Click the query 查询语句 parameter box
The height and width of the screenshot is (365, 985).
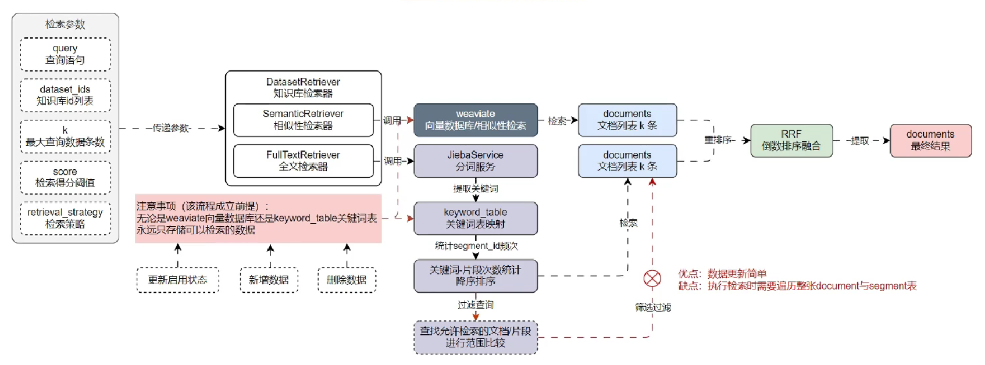65,54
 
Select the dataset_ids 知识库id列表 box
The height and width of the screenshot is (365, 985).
65,95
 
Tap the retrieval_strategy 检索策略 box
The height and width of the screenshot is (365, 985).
65,218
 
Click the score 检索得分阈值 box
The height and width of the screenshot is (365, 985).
65,177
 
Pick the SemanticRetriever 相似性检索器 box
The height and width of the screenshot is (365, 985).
303,120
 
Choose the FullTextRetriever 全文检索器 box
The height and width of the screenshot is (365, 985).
303,161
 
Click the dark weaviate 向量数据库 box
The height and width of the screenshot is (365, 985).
475,120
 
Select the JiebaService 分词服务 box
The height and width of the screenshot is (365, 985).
475,161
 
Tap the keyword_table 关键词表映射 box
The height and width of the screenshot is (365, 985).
475,218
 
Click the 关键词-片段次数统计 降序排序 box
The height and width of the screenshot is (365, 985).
475,275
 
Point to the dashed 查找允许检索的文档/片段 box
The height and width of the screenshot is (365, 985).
475,337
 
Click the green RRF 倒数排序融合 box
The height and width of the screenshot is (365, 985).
791,140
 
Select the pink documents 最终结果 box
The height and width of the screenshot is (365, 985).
930,140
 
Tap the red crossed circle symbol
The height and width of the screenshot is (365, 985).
652,279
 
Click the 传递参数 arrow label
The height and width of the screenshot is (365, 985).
172,128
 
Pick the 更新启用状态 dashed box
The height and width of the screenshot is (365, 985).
177,280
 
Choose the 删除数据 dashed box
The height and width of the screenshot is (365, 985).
347,280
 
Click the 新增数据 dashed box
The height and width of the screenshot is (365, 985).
269,280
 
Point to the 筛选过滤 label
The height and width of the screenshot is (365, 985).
652,307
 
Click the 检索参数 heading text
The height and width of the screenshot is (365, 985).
65,24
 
